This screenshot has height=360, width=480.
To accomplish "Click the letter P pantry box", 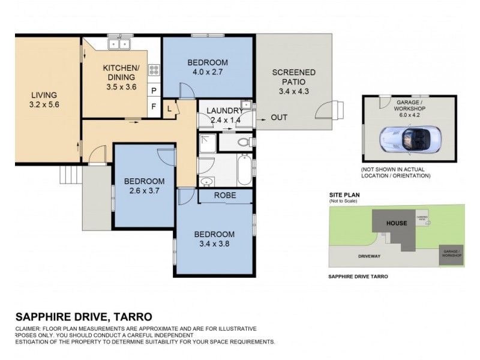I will pos(154,91).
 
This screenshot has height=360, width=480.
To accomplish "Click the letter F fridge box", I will pos(154,107).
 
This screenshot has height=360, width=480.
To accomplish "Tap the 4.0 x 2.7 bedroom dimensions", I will pos(208,73).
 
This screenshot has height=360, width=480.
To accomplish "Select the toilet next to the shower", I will pos(244,142).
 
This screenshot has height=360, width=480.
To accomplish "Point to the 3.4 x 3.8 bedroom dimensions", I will pos(214,245).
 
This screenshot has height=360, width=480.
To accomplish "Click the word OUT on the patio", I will pos(279,117).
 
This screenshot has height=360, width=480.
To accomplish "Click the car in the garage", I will pos(405,140).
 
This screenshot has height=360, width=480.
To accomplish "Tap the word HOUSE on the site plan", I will pos(397,223).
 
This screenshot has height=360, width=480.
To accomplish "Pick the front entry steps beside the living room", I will pos(70,175).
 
